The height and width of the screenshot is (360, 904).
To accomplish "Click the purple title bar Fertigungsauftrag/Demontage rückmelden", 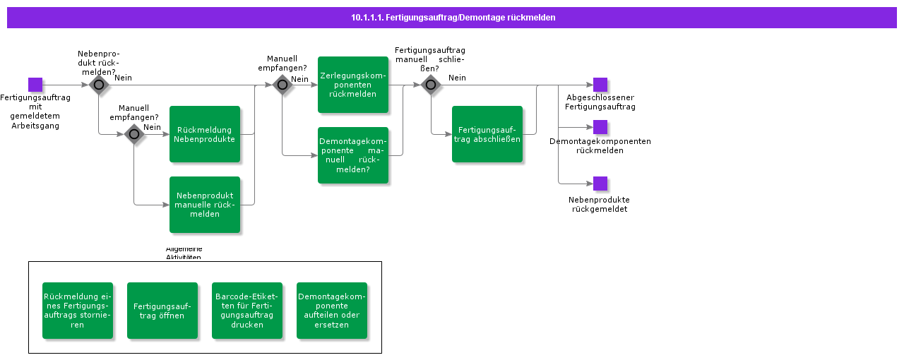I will [x=452, y=18].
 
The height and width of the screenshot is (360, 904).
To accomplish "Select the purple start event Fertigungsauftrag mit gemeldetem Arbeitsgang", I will [x=35, y=85].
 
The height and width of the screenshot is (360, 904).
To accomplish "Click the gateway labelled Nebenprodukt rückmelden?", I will [x=99, y=85].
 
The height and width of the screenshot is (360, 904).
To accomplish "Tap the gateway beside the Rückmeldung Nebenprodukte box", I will [x=134, y=134].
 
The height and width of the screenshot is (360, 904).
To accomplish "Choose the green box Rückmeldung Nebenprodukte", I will [x=205, y=134].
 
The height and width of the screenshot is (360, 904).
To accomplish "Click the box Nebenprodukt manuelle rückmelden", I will [x=205, y=205].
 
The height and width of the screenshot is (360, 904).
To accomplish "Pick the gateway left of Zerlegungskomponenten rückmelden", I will [x=282, y=85].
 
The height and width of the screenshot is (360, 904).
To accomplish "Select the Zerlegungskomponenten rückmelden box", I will [x=353, y=85].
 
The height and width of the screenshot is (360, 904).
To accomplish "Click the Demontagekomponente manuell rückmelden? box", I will [x=353, y=155].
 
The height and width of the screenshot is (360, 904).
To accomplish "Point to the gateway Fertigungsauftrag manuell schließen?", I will [x=431, y=85].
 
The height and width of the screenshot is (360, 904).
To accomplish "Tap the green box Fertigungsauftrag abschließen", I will [x=487, y=134].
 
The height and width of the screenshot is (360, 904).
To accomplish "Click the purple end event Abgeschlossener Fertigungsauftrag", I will [x=600, y=85].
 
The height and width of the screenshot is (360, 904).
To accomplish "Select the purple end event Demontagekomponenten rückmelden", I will [x=600, y=127].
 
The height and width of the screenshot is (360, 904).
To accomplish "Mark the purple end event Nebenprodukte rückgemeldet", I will [x=600, y=184].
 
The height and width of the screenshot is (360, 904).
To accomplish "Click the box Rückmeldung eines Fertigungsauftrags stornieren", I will [x=78, y=311].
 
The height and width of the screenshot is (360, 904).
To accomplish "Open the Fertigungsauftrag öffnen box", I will [x=162, y=311].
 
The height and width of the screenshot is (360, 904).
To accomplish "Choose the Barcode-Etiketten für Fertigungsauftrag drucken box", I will [x=247, y=311].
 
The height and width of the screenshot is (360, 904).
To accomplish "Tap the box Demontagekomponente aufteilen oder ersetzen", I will [x=332, y=311].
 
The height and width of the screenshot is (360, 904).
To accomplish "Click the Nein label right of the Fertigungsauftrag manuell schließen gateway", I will [x=457, y=78].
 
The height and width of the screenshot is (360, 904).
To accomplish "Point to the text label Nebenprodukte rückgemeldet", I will [x=599, y=205].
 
